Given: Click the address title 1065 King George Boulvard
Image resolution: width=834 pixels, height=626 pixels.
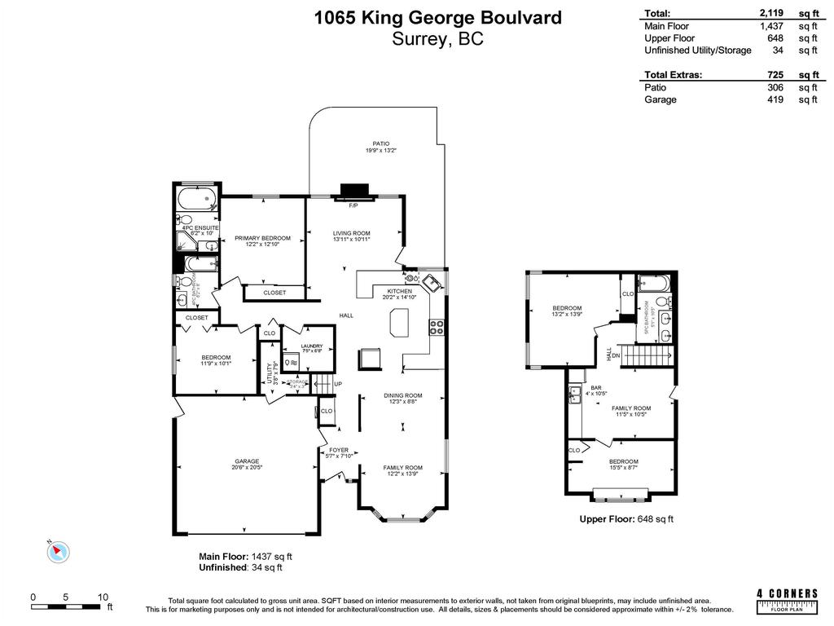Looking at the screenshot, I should (x=438, y=17).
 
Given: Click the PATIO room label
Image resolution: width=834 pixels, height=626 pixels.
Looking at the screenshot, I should (x=375, y=144).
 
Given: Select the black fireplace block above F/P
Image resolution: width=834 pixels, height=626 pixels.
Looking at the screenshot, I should (x=354, y=191).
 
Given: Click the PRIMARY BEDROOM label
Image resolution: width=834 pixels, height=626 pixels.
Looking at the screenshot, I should (x=262, y=238).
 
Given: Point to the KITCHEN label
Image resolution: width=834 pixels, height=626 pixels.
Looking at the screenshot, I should (x=399, y=291).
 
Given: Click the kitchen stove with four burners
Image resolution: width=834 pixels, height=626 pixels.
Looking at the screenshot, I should (x=437, y=328).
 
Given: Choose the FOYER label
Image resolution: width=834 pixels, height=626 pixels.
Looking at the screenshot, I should (x=338, y=450).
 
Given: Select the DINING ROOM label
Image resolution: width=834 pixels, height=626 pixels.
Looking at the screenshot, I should (x=402, y=395).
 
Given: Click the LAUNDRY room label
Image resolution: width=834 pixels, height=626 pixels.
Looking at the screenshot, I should (x=312, y=346).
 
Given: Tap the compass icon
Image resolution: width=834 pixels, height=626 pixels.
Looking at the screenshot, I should (x=58, y=552).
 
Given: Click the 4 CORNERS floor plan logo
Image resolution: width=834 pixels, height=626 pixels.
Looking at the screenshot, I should (x=787, y=599).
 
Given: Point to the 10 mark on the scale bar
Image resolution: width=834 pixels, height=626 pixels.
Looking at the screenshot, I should (x=103, y=597).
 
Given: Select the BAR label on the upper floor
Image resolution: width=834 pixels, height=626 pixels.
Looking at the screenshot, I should (x=596, y=387).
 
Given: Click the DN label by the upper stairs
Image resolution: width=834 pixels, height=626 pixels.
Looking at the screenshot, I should (x=617, y=355).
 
